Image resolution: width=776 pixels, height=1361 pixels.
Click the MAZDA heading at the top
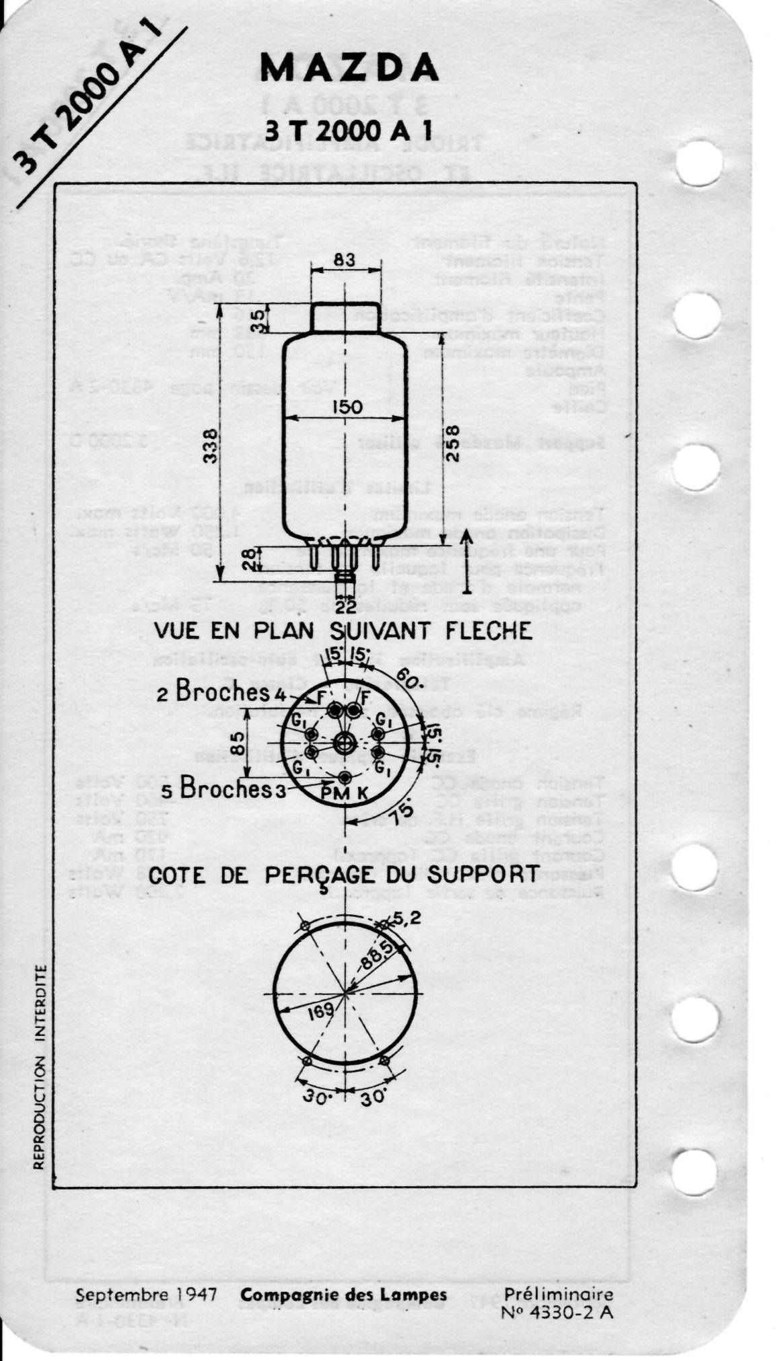point(349,67)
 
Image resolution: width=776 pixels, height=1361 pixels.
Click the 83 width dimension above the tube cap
point(344,259)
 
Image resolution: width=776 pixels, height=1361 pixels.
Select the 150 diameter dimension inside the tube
point(346,407)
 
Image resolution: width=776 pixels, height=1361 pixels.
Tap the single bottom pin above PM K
point(345,778)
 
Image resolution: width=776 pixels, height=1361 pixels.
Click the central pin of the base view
point(345,742)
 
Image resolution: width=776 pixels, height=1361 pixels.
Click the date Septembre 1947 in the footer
point(145,1295)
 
